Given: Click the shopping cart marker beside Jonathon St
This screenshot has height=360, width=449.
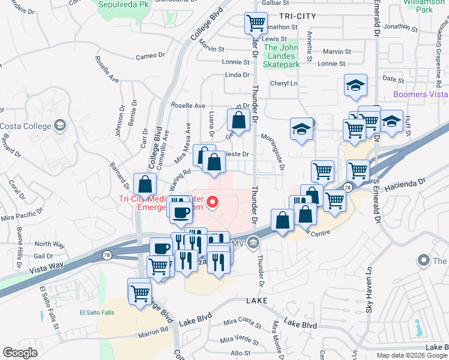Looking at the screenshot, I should (x=256, y=24).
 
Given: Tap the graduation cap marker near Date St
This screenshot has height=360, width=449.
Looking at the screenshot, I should (x=355, y=86).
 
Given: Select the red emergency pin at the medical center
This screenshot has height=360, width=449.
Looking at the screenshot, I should (x=212, y=204).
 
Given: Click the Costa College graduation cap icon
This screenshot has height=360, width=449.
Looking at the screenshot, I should (x=60, y=125).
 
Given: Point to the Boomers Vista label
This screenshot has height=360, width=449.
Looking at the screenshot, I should (x=420, y=95).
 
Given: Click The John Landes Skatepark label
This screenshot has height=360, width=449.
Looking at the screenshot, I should (x=282, y=56).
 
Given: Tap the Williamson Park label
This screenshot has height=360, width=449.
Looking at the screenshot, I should (x=426, y=6).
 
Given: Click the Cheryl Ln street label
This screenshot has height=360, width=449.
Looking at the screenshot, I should (x=284, y=83).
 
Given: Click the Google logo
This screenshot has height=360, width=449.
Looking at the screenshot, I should (x=20, y=353).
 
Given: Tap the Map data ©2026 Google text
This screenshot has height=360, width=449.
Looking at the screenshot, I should (x=412, y=355).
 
